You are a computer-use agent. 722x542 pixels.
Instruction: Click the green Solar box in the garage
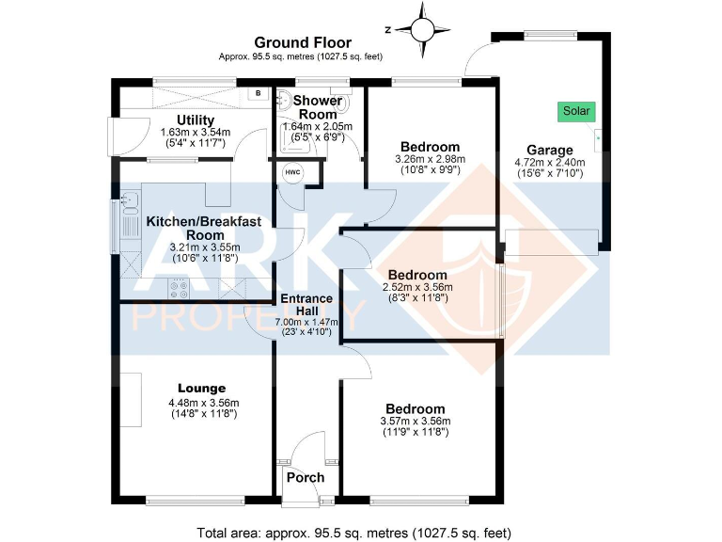tap(575, 111)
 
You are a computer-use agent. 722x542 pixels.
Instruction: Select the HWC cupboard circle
tap(292, 173)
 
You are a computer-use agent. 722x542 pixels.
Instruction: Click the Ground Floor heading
tap(303, 42)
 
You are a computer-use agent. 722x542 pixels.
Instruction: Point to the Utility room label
tap(196, 120)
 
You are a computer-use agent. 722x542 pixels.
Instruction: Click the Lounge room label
tap(201, 388)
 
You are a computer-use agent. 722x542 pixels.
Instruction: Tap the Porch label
tap(306, 477)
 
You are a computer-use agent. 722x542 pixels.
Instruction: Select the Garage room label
tap(550, 150)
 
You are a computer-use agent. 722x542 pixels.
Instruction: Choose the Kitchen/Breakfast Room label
tap(204, 228)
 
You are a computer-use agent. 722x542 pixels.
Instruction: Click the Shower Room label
tap(317, 106)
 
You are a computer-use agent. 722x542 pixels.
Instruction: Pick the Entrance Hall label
tap(306, 304)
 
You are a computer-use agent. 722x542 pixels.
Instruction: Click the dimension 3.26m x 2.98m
tap(430, 160)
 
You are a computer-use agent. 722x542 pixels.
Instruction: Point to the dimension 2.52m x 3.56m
tap(417, 287)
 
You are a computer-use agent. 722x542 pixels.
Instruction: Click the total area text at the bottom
tap(354, 532)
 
